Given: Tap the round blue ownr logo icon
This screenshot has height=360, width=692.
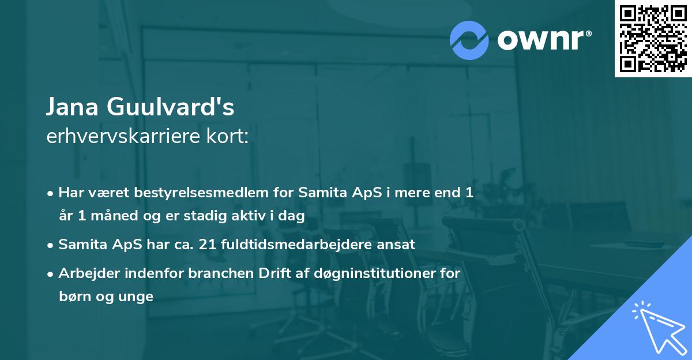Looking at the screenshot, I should point(469,40).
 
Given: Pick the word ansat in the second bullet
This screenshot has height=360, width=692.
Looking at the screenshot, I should point(397,244).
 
